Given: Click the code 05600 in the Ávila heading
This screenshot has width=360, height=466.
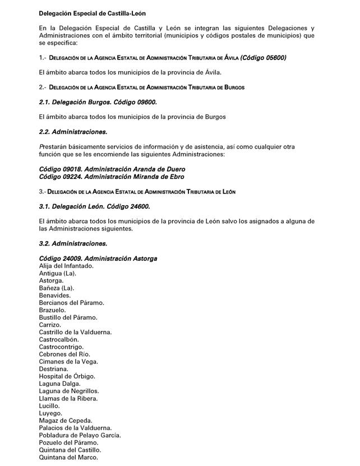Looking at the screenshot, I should tap(273, 57).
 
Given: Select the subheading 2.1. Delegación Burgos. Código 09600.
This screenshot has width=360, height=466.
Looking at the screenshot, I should tap(98, 102).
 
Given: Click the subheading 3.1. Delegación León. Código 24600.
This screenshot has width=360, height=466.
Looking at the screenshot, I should tap(94, 206).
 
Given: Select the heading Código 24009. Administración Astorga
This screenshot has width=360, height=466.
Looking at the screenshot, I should tap(98, 259).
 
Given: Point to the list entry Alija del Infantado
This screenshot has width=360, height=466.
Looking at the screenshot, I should tap(66, 266).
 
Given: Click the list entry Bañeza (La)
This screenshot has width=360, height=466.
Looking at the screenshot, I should tap(57, 288).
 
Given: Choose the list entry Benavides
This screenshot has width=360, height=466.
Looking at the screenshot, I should tap(55, 295).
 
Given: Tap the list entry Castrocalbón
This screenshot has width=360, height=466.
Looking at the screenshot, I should tap(59, 339).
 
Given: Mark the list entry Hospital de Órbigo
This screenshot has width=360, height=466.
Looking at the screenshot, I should tap(67, 376).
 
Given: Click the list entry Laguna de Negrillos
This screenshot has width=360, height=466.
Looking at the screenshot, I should tap(69, 391).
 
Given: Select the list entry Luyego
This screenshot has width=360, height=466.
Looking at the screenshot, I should tap(51, 413).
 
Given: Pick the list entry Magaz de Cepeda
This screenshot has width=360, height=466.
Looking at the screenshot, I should tap(66, 421).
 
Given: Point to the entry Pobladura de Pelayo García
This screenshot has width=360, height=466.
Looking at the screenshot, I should tap(80, 435).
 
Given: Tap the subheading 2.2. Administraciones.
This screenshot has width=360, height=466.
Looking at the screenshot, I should tap(73, 132).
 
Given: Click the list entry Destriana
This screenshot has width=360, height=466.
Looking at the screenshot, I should tap(54, 369).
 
